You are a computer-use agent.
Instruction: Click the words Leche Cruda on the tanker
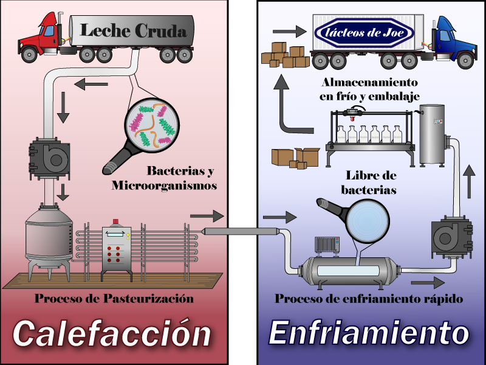pyautogui.click(x=133, y=30)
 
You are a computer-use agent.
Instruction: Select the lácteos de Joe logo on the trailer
pyautogui.click(x=363, y=34)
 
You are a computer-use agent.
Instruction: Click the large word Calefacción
pyautogui.click(x=112, y=333)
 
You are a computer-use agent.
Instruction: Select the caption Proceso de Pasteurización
pyautogui.click(x=114, y=299)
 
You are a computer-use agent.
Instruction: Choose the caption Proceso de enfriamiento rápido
pyautogui.click(x=369, y=299)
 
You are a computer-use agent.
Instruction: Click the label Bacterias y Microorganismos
pyautogui.click(x=164, y=179)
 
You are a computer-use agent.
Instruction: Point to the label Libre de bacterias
pyautogui.click(x=371, y=182)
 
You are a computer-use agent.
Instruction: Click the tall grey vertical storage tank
pyautogui.click(x=433, y=135)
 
